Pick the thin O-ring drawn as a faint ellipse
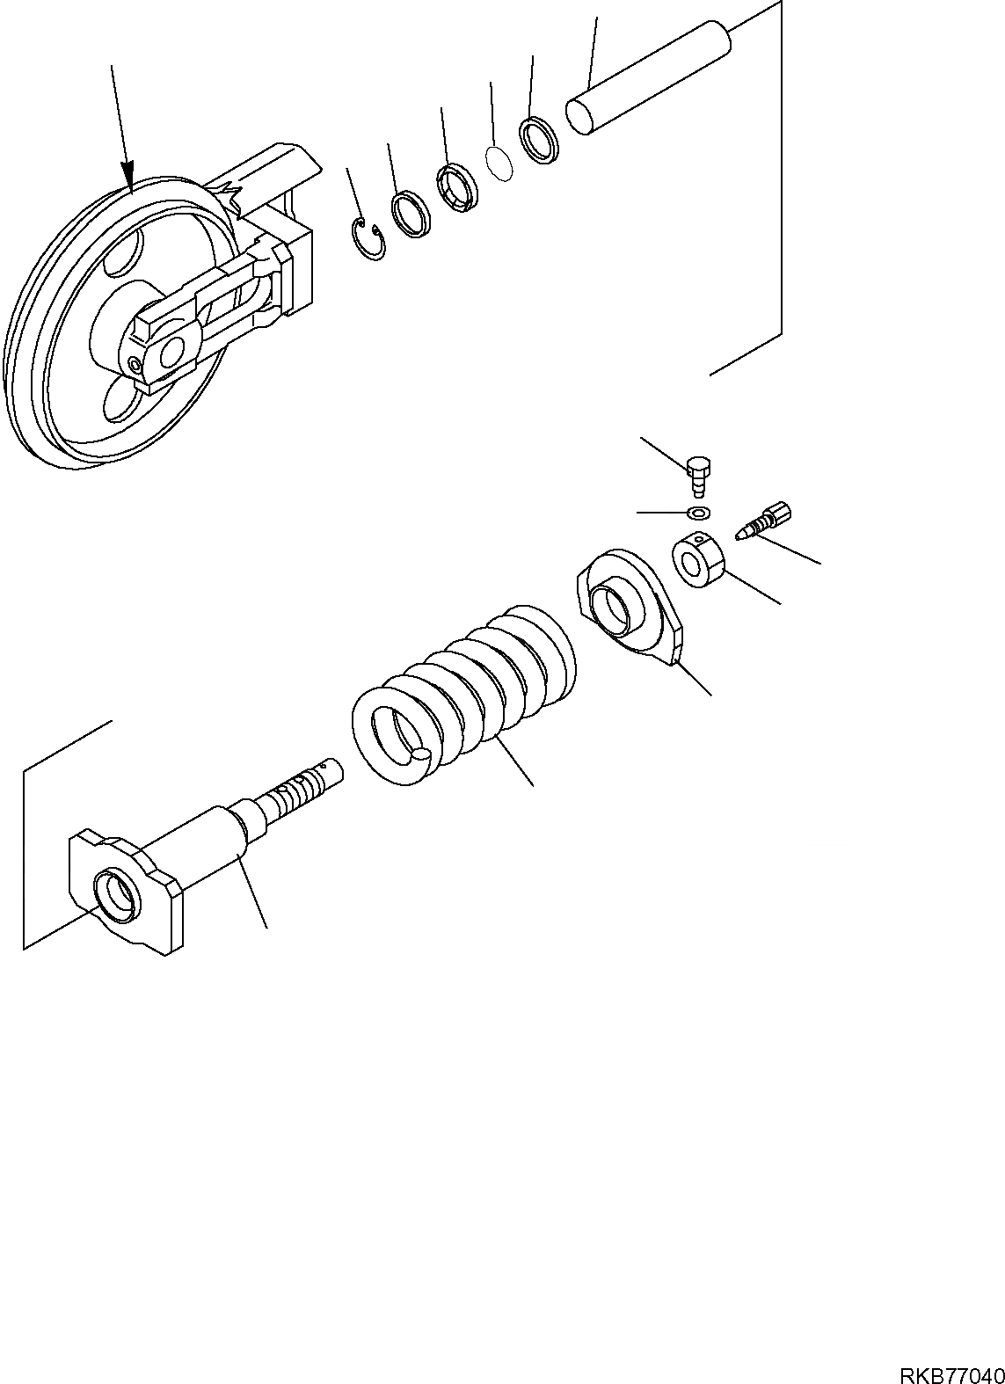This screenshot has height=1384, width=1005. (499, 164)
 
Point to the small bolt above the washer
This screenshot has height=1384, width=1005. (699, 472)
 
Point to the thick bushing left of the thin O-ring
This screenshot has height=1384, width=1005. (456, 186)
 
